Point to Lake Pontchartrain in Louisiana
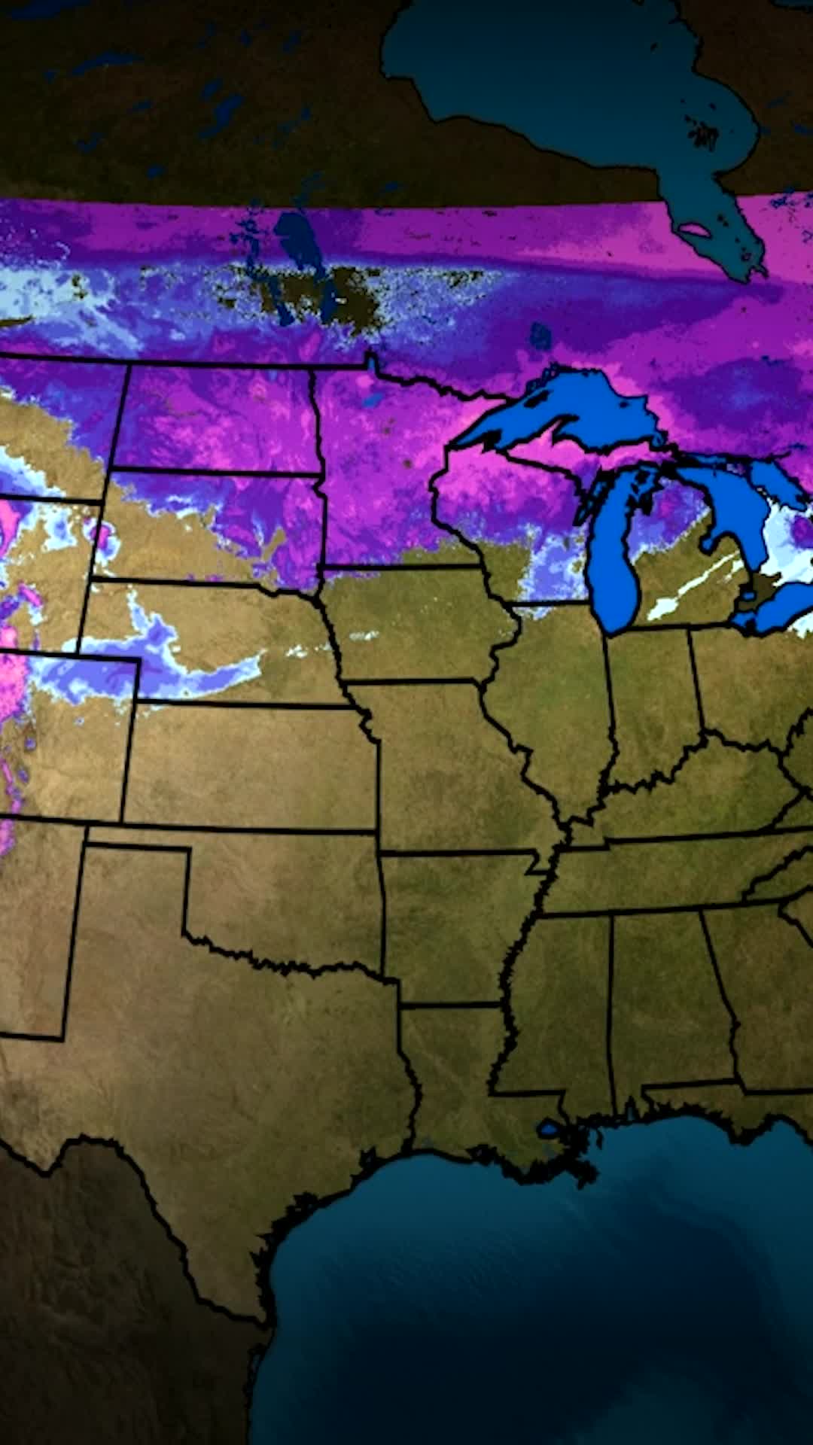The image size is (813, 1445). coord(550,1128)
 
